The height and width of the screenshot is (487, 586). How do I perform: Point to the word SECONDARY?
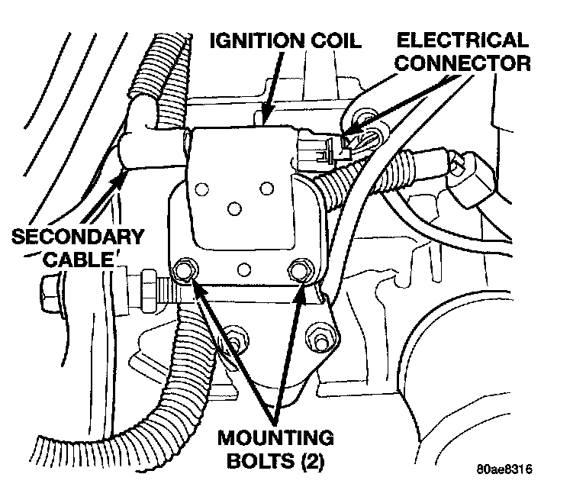click(x=77, y=236)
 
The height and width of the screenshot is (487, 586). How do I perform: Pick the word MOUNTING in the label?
click(x=275, y=438)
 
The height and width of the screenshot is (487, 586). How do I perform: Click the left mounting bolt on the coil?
click(x=183, y=269)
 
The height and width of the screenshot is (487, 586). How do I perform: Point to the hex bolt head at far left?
click(x=47, y=289)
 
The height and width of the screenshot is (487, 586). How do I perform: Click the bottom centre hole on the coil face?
click(x=243, y=269)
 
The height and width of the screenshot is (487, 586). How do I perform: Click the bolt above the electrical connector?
click(x=365, y=116)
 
